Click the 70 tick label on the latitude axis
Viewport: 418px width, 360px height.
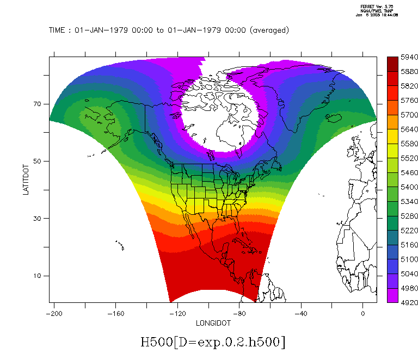pyautogui.click(x=39, y=104)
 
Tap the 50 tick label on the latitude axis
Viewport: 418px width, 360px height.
pyautogui.click(x=39, y=162)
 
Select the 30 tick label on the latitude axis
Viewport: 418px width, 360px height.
pyautogui.click(x=39, y=219)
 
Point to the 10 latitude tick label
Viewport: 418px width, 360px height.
pyautogui.click(x=39, y=276)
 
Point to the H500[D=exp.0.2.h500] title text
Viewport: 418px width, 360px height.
pyautogui.click(x=213, y=342)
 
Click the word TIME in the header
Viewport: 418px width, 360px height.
pyautogui.click(x=58, y=30)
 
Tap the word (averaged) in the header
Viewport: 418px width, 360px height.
pyautogui.click(x=269, y=30)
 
